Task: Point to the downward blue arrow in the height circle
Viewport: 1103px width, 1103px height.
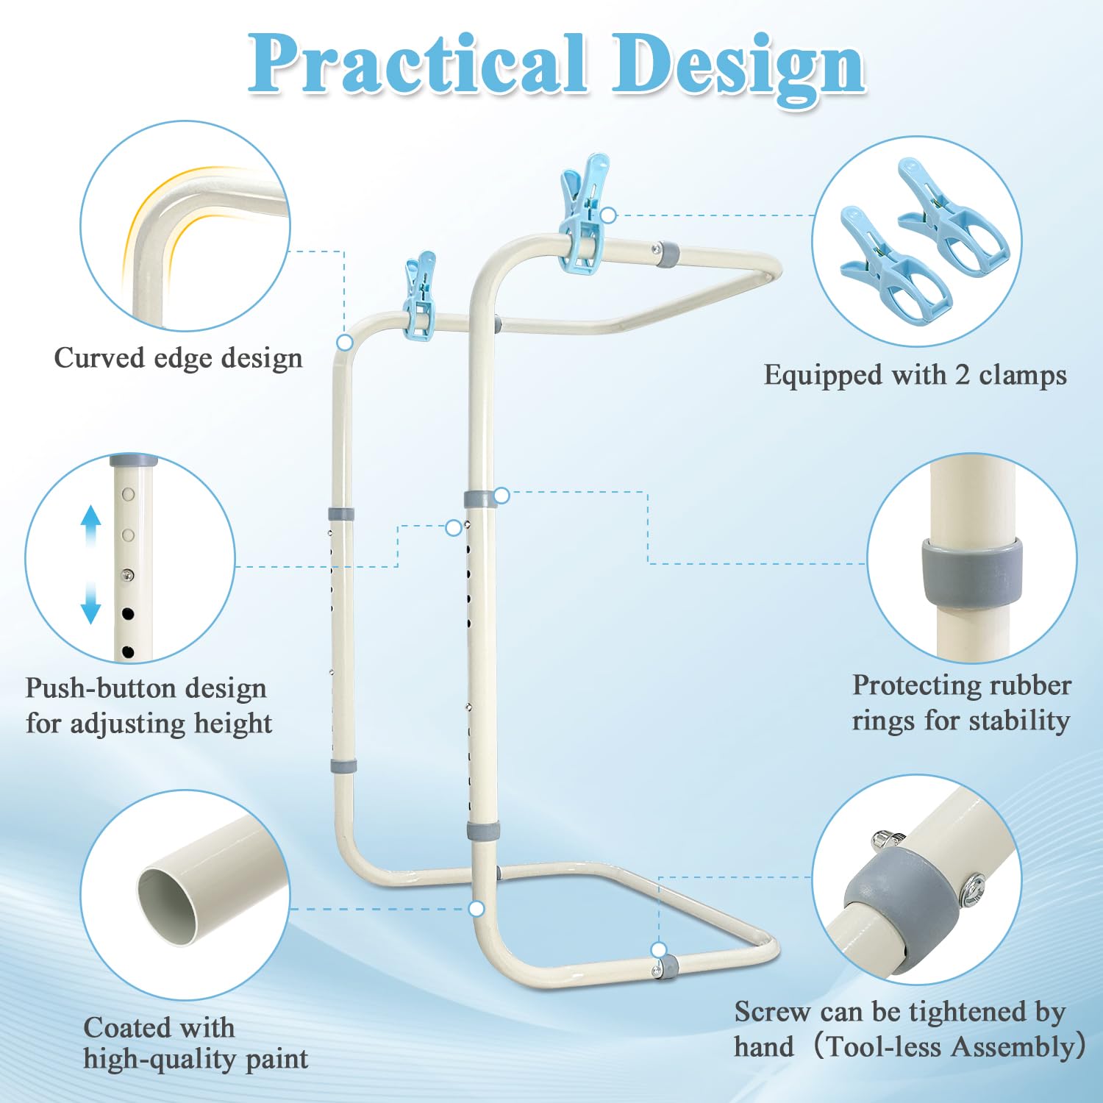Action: click(90, 603)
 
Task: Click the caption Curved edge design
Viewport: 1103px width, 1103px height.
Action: click(178, 358)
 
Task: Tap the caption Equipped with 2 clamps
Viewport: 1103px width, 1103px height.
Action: click(915, 375)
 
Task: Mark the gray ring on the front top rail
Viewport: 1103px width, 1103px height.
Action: click(668, 254)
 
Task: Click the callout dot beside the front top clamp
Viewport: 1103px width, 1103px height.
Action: click(608, 215)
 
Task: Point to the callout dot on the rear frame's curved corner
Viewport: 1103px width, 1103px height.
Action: click(345, 343)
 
